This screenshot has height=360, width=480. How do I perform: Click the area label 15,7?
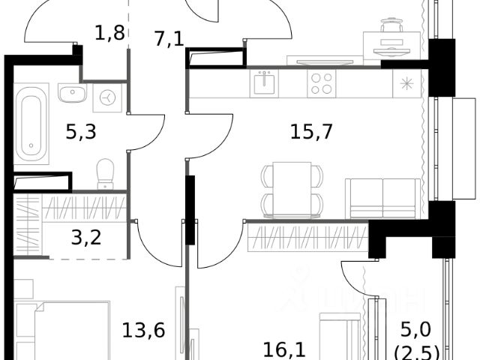click(311, 131)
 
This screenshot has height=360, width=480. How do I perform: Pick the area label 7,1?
click(169, 39)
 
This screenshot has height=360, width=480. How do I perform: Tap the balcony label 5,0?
click(415, 329)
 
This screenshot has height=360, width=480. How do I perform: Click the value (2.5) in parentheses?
click(415, 349)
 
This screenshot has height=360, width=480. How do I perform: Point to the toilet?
click(105, 173)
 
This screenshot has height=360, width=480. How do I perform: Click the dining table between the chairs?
click(292, 187)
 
